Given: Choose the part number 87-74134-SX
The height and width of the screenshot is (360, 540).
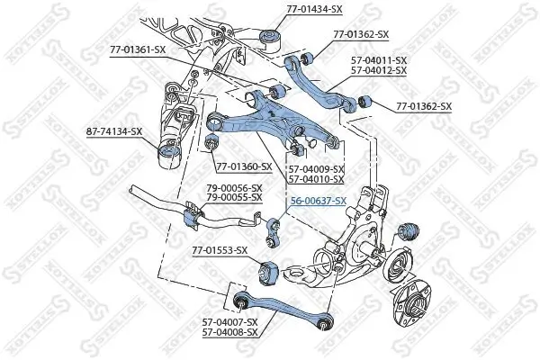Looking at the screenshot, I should point(111,131).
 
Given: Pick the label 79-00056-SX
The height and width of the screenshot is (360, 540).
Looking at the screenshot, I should point(229,188).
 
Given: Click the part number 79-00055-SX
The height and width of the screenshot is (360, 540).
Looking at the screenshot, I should point(229,197).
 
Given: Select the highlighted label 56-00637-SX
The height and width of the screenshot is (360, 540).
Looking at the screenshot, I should point(316,201).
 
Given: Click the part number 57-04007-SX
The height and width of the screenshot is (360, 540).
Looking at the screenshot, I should point(229,321).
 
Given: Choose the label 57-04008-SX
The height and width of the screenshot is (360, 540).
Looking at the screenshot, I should point(229,332).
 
